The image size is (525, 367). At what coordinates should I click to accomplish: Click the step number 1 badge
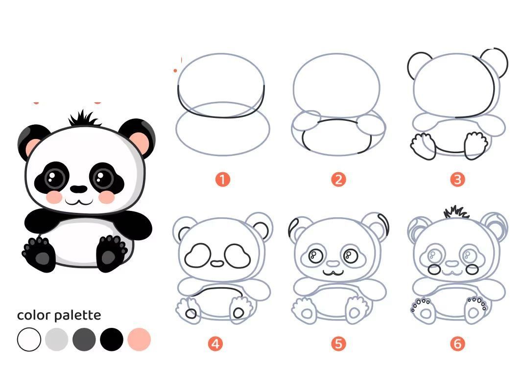point(223,180)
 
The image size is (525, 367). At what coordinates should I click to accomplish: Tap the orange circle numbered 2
point(338,180)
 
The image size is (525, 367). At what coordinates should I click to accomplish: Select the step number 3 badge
point(458,180)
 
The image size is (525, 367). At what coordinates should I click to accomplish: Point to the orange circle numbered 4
point(215,344)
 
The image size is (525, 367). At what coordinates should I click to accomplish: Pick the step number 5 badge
point(338,344)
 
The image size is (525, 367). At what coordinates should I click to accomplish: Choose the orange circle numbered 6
point(458,344)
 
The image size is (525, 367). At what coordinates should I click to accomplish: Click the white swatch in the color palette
point(29,340)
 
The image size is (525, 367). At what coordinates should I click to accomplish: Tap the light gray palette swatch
point(57,340)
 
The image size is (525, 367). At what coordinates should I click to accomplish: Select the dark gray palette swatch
point(84,340)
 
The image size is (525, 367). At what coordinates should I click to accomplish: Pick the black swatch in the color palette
point(112,340)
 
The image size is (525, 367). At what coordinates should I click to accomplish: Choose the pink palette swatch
point(139,340)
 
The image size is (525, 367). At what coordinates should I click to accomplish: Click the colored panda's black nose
point(79,189)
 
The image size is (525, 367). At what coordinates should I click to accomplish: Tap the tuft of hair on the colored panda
point(84,118)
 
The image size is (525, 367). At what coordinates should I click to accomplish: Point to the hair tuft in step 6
point(456,212)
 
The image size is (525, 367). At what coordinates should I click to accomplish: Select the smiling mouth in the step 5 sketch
point(334,273)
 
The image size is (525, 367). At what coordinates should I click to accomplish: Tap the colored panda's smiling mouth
point(79,202)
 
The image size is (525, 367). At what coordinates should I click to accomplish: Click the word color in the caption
point(34,315)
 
